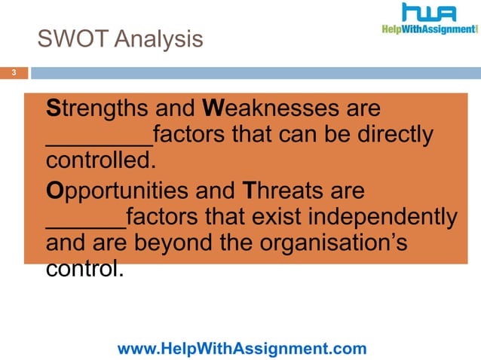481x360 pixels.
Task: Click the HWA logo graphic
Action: (428, 14)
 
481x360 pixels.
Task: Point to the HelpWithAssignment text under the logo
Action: (427, 30)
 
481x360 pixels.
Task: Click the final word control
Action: (84, 269)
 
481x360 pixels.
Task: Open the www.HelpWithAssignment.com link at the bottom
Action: (242, 348)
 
